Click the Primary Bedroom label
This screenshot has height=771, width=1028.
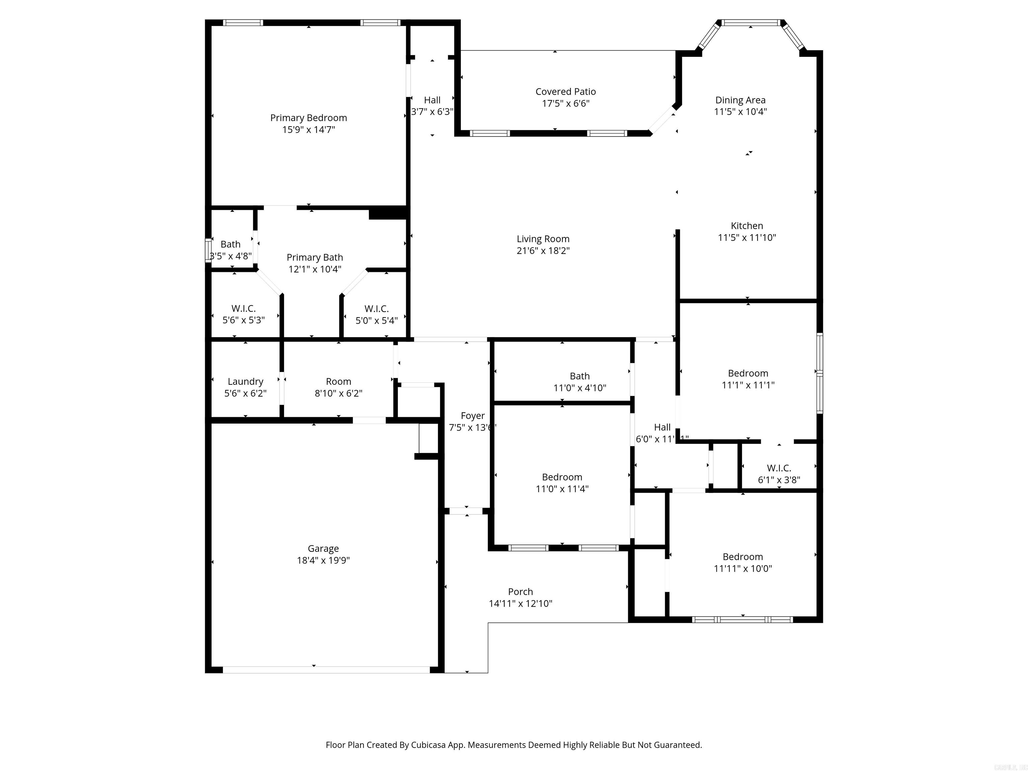pos(309,118)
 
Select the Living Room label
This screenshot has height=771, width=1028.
pos(543,239)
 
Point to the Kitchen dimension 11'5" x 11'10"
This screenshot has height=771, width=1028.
pos(747,238)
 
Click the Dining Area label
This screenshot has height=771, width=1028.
pos(740,100)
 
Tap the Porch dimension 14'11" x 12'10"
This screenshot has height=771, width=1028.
pos(520,603)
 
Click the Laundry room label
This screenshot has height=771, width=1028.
pos(245,381)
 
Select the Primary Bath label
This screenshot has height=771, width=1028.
pos(315,257)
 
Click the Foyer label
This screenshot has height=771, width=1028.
pos(473,416)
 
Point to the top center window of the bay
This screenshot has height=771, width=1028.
pos(751,22)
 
